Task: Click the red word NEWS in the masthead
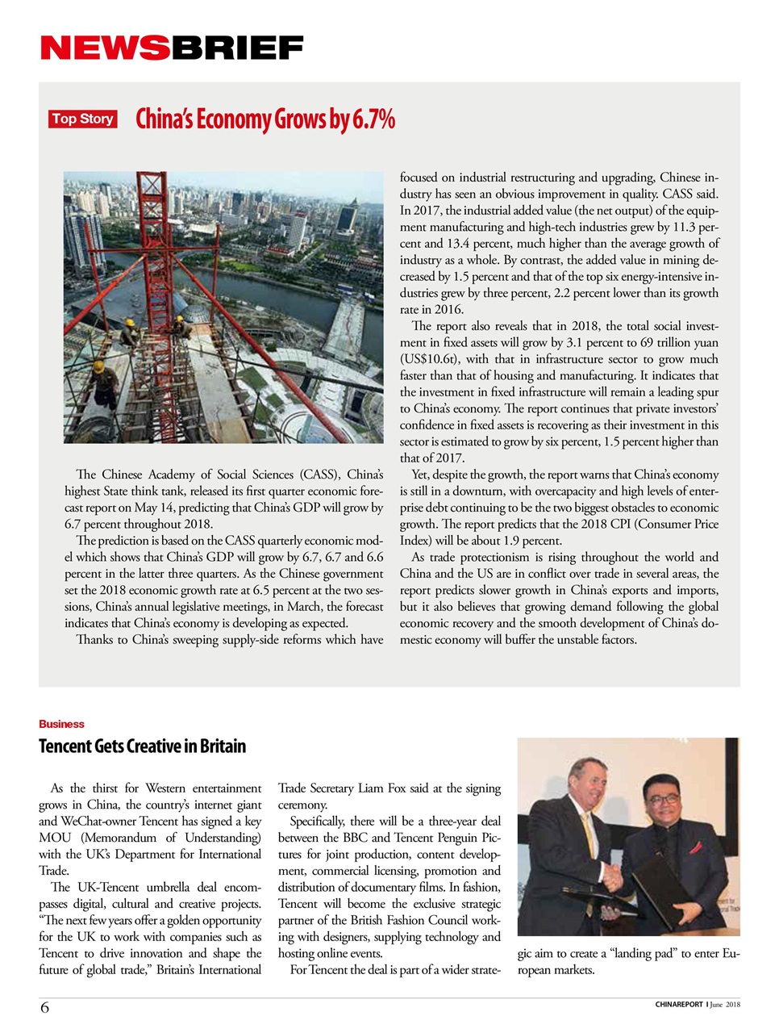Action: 105,48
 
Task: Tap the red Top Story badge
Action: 82,119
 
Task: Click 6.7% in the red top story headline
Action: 373,119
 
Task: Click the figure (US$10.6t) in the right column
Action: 430,359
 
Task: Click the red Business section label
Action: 61,724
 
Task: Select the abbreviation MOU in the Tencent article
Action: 55,838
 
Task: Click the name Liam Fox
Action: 382,788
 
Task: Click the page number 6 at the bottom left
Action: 44,1007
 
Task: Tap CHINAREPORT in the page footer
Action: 678,1005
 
